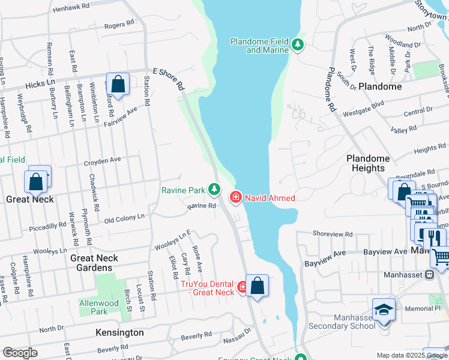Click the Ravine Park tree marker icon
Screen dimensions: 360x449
click(215, 190)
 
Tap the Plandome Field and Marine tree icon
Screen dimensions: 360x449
click(297, 44)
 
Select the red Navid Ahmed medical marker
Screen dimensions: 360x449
click(236, 197)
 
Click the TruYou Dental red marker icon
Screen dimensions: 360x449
click(243, 287)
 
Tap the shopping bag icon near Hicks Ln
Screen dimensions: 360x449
click(118, 85)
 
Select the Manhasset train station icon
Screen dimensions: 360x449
click(429, 274)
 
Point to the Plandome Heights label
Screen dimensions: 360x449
click(368, 163)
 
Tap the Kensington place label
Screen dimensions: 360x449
click(119, 332)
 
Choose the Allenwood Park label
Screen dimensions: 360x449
click(99, 307)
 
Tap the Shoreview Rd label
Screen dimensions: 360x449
click(332, 233)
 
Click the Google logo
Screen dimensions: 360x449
click(20, 353)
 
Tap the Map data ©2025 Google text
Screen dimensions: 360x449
click(411, 355)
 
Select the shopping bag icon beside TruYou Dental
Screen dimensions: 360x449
click(257, 286)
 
